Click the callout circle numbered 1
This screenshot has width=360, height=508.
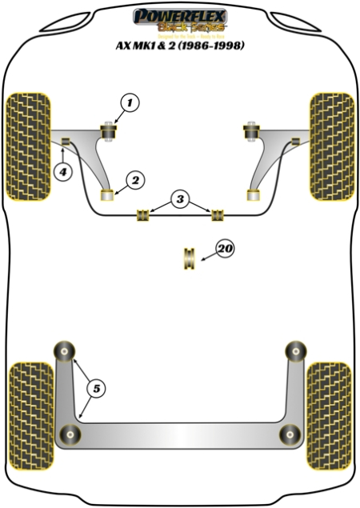130,102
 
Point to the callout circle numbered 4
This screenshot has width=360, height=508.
62,170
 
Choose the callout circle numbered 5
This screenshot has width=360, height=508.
97,389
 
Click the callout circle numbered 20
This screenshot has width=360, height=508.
225,250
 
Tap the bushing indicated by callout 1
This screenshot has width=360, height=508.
108,129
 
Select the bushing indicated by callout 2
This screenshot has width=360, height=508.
106,194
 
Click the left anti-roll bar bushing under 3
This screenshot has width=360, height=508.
145,214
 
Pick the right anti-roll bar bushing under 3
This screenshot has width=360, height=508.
216,214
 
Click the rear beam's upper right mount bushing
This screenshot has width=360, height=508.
296,350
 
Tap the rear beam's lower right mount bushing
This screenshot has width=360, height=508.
288,434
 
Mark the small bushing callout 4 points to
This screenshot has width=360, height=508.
66,143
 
